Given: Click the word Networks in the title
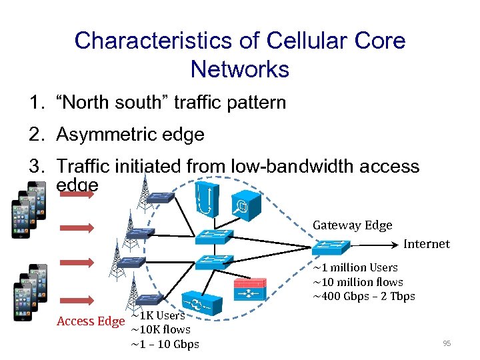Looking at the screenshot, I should click(x=240, y=69).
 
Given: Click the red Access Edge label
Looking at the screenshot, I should click(x=90, y=321).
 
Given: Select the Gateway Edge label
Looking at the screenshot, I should click(x=352, y=225).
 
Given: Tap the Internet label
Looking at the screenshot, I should click(x=427, y=244).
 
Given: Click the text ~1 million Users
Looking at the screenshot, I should click(x=355, y=267).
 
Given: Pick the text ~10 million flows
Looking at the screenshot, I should click(x=358, y=282).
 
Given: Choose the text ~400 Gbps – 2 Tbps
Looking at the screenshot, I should click(x=363, y=297).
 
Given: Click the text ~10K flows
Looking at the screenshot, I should click(x=161, y=329).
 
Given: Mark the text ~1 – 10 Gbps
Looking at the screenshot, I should click(x=165, y=344).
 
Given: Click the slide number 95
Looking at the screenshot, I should click(x=446, y=343).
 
